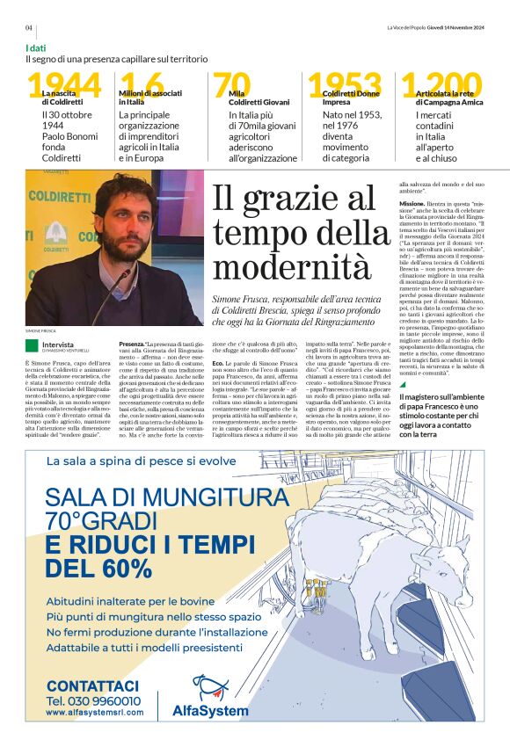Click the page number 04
coord(29,27)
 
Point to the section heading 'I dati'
coord(36,47)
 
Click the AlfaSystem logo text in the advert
coord(210,709)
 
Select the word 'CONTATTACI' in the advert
coord(92,685)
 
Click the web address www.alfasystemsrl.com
coord(92,713)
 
